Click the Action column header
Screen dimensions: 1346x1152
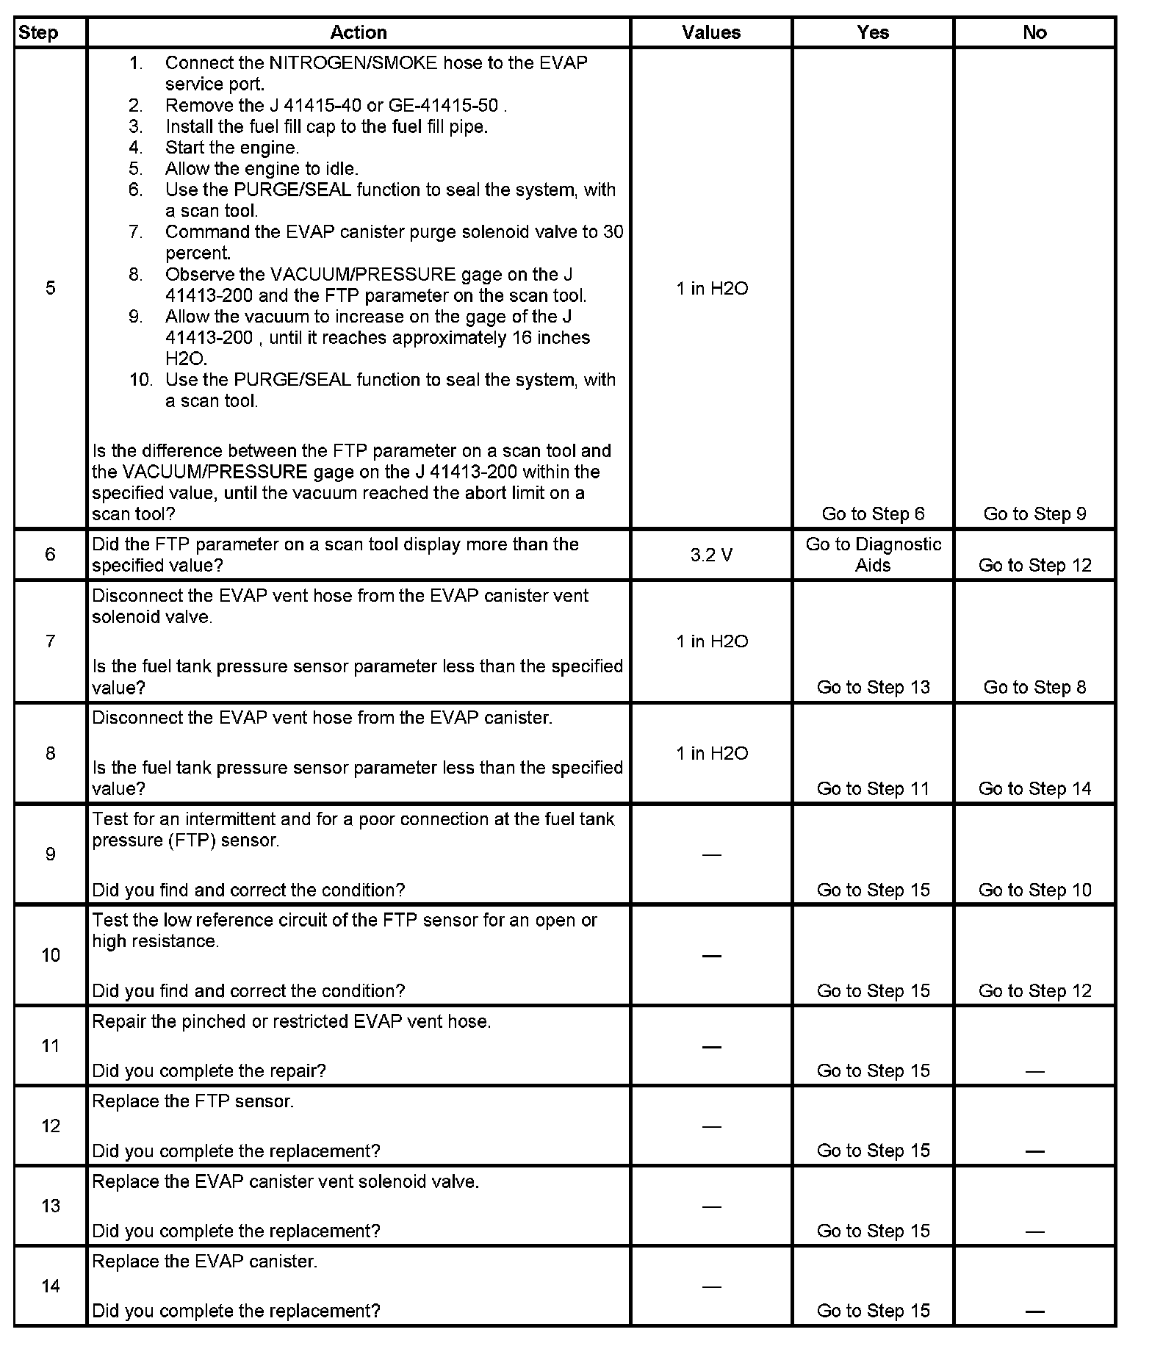click(x=358, y=32)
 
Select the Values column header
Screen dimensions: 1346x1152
click(x=711, y=32)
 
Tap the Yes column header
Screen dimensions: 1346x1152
click(x=873, y=32)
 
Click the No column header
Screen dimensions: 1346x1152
click(x=1034, y=32)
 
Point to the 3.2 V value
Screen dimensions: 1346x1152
click(x=711, y=555)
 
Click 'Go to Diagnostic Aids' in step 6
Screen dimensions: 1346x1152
click(x=873, y=555)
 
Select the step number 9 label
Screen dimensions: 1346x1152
click(x=50, y=854)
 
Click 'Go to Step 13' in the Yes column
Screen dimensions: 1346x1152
click(x=873, y=687)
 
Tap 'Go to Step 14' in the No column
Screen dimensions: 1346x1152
click(x=1034, y=788)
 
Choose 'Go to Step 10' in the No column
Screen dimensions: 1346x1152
click(x=1034, y=890)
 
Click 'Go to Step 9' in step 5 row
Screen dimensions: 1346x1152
click(x=1034, y=514)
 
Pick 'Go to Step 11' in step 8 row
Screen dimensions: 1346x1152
click(x=873, y=788)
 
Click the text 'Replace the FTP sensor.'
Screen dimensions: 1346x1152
click(x=192, y=1101)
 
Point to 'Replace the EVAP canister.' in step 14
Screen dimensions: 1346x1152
click(x=204, y=1262)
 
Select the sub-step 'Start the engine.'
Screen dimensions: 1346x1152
click(x=231, y=148)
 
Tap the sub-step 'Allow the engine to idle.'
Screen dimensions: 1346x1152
click(x=262, y=169)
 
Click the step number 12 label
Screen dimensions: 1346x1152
click(x=50, y=1126)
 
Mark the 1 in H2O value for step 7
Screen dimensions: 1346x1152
click(x=711, y=641)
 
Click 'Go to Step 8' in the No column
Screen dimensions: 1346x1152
click(x=1034, y=687)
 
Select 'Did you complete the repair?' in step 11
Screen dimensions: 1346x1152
click(x=209, y=1070)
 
